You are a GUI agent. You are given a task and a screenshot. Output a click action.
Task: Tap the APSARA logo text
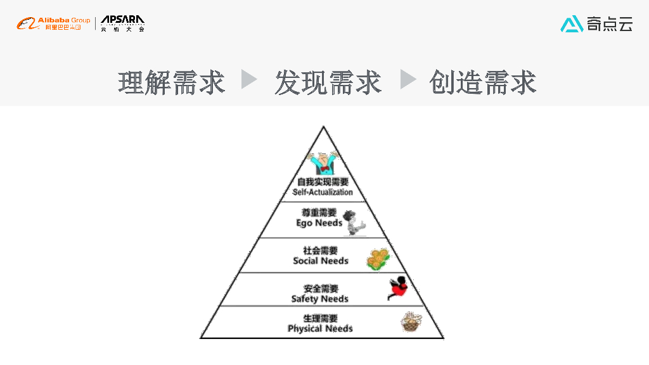[x=122, y=24]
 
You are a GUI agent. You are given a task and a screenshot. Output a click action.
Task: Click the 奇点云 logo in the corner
[x=596, y=24]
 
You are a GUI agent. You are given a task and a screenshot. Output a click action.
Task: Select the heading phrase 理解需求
[x=172, y=82]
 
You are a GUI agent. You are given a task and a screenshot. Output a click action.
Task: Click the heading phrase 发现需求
[x=328, y=82]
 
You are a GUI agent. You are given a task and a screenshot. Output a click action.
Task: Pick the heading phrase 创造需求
[x=483, y=82]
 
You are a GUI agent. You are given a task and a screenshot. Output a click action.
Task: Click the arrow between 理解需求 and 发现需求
[x=250, y=80]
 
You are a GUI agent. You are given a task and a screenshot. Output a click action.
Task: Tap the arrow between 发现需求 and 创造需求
[x=408, y=80]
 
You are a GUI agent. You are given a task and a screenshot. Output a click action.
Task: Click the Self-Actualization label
[x=323, y=192]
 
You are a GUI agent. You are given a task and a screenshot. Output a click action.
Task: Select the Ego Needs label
[x=319, y=223]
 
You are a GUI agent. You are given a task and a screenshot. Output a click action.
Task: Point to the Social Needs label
[x=321, y=261]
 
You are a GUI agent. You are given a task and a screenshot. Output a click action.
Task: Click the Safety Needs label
[x=320, y=299]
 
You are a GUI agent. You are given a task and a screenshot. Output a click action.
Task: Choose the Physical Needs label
[x=320, y=329]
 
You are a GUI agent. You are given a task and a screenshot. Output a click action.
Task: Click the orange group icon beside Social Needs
[x=378, y=259]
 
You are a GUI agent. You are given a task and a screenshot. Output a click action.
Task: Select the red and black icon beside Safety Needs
[x=397, y=288]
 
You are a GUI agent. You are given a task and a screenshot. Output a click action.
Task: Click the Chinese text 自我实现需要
[x=323, y=182]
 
